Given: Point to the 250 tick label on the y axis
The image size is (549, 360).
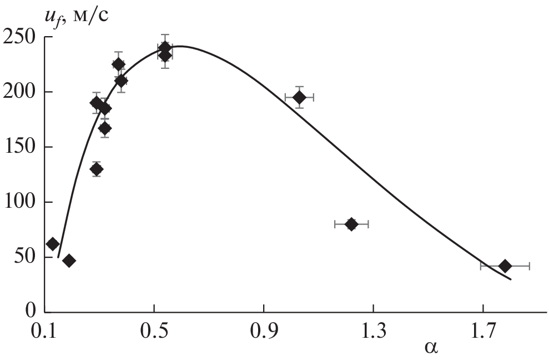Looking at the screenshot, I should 21,38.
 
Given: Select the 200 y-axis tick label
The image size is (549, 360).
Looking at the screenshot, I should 21,92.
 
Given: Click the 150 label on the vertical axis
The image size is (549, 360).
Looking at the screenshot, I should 21,147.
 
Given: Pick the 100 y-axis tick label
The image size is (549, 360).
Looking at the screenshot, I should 21,202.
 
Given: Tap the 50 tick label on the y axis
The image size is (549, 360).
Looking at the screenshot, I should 25,257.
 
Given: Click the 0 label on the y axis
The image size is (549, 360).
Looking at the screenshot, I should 31,312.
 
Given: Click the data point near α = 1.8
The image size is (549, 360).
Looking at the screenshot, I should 505,266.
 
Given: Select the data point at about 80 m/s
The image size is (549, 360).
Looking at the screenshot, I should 351,224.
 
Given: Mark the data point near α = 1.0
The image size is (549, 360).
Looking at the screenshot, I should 299,97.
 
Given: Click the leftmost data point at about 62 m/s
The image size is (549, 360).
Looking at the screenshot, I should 53,244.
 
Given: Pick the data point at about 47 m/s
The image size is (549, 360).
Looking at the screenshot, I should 69,261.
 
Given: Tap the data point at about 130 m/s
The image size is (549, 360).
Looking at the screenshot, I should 97,169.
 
